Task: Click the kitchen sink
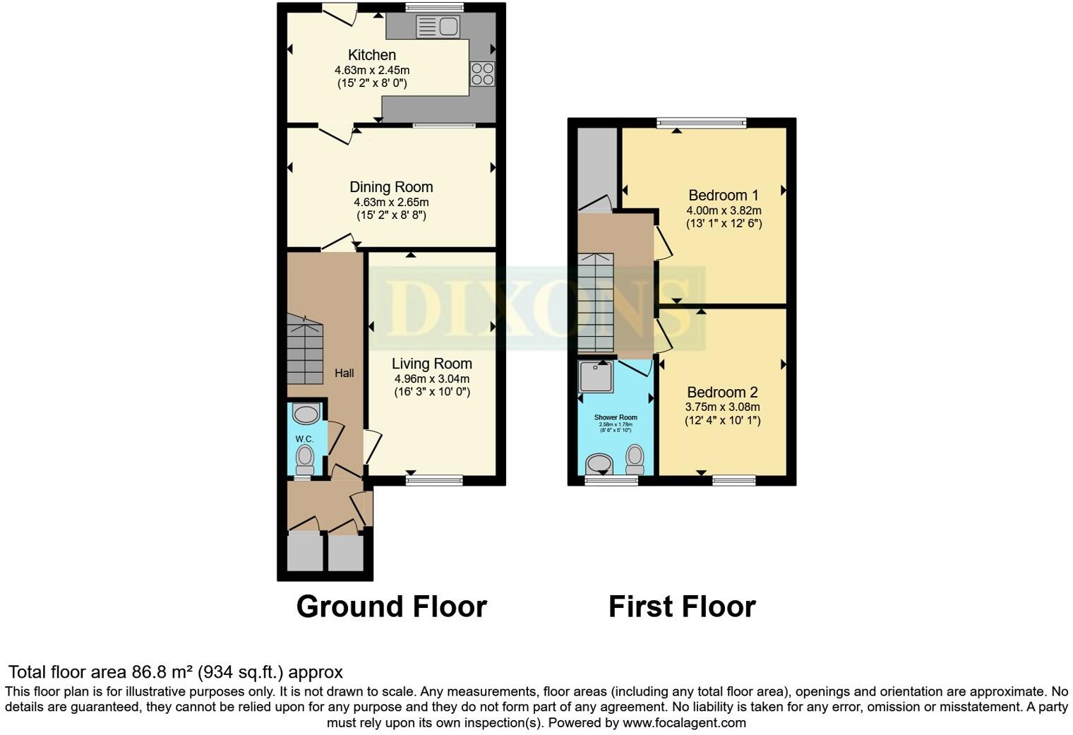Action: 438,28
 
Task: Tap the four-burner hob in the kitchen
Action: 483,73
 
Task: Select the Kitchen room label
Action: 372,55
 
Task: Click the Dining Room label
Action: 391,187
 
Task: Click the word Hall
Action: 344,373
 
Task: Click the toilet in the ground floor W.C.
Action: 305,459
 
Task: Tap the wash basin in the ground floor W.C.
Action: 306,413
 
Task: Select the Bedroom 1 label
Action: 724,196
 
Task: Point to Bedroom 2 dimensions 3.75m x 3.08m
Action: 723,407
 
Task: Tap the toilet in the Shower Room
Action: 635,460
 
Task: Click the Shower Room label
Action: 616,417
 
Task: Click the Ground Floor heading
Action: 391,606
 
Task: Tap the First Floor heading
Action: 682,606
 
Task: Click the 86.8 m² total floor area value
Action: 163,672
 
